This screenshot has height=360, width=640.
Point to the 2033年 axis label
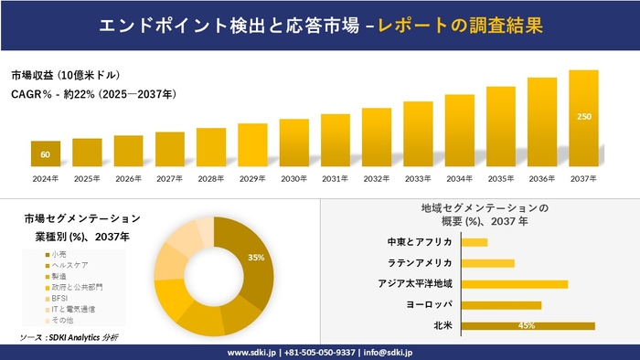pos(418,178)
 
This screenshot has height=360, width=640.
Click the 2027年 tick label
pos(170,178)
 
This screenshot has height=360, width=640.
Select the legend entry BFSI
pos(61,298)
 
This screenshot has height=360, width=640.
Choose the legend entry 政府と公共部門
pos(77,287)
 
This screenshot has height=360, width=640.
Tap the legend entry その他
pos(64,321)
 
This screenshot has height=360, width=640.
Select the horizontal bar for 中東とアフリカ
pos(475,242)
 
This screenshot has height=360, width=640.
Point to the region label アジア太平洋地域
pos(415,283)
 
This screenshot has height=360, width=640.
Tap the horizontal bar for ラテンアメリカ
pos(488,263)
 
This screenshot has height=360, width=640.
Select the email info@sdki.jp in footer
pos(388,352)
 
